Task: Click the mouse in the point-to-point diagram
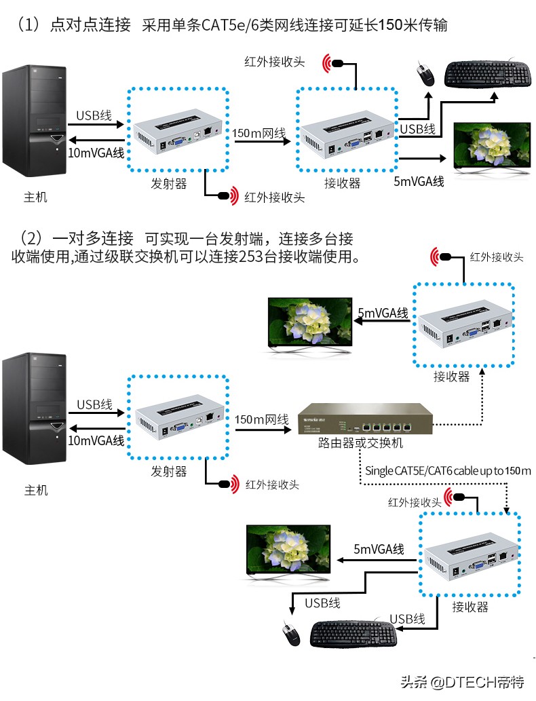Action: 426,73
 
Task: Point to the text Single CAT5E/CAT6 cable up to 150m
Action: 448,470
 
